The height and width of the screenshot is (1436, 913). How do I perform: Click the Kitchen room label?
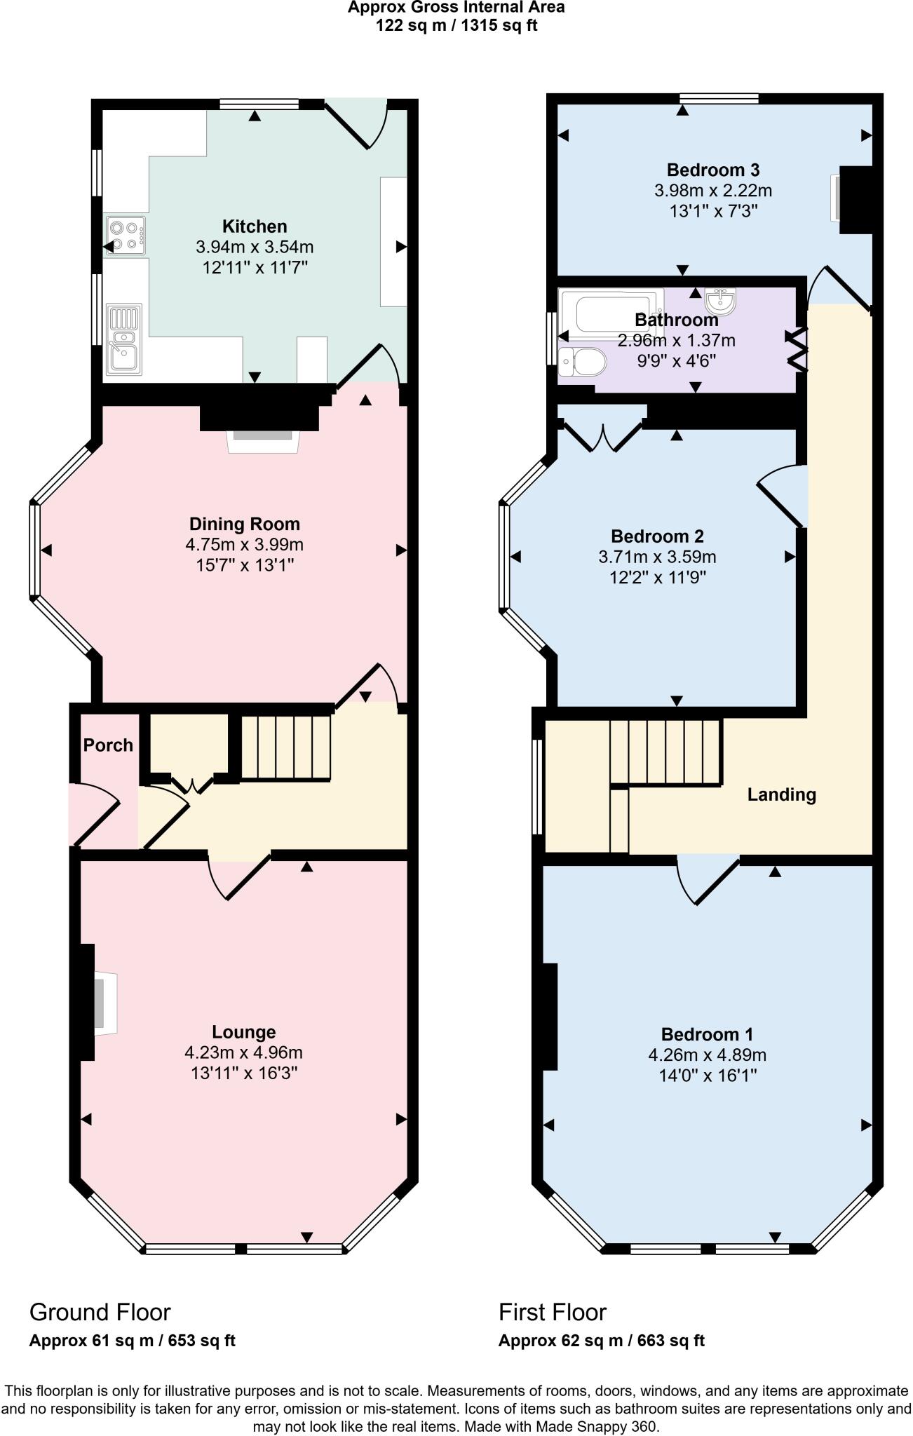(x=255, y=226)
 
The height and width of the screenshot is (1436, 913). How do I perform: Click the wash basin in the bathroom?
(x=721, y=302)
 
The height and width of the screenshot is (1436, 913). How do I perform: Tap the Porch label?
(x=108, y=745)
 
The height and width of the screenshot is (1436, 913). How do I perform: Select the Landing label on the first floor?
(x=781, y=794)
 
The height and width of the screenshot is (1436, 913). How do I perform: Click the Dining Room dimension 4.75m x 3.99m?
(x=244, y=545)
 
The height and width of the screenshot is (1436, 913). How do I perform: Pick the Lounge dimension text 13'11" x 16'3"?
(x=244, y=1073)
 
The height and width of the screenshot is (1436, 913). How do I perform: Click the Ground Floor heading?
(x=100, y=1312)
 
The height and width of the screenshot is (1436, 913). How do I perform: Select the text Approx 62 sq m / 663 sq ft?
(x=601, y=1341)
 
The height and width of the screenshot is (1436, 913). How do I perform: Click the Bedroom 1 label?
(x=707, y=1034)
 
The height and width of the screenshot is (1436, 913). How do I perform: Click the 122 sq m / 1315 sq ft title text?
(x=456, y=26)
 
